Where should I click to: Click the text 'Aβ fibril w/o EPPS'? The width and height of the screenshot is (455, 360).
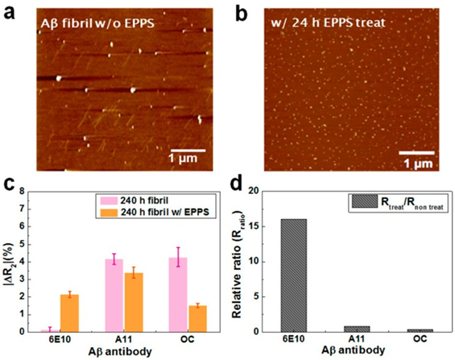point(89,22)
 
